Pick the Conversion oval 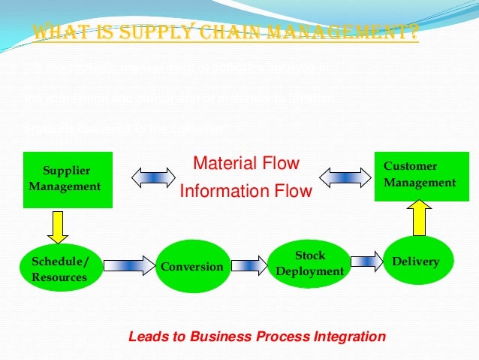(192, 266)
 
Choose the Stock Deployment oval (309, 262)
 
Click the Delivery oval (419, 262)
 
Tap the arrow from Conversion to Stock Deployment (249, 265)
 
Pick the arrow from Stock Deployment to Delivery (366, 262)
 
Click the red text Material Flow (246, 163)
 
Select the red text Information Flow (246, 192)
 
